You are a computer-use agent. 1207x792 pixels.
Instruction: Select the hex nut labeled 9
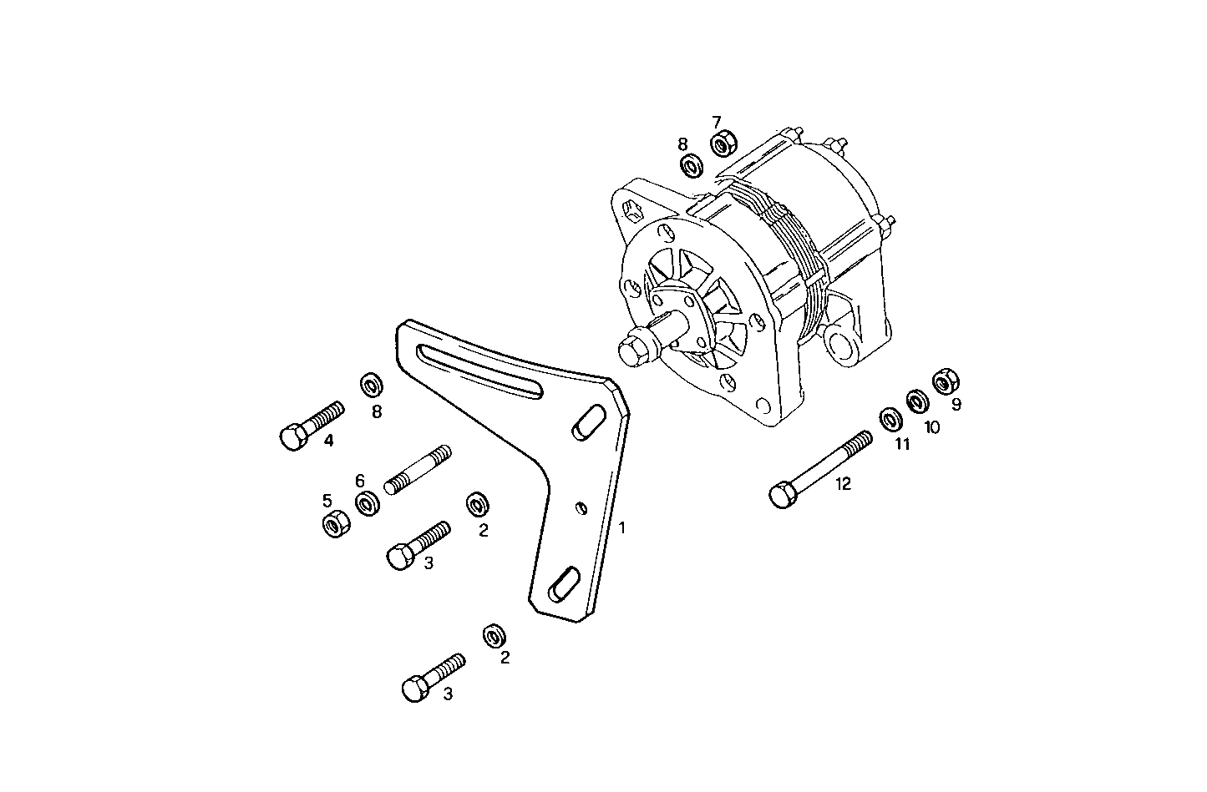click(945, 381)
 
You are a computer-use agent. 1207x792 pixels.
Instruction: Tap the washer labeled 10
click(916, 401)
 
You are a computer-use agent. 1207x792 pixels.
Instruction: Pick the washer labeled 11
click(889, 418)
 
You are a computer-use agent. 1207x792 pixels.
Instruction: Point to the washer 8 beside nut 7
click(692, 166)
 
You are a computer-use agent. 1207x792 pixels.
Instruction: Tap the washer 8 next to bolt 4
click(371, 386)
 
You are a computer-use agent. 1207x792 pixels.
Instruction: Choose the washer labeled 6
click(367, 504)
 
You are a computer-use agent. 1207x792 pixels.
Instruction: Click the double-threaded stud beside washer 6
click(417, 470)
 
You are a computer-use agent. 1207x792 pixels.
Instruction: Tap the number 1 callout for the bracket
click(621, 527)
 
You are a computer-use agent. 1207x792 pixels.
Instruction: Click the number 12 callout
click(843, 484)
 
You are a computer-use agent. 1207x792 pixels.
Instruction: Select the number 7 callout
click(716, 122)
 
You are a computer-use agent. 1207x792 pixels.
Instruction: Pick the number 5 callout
click(327, 501)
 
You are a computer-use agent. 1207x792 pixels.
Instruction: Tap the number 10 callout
click(931, 426)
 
